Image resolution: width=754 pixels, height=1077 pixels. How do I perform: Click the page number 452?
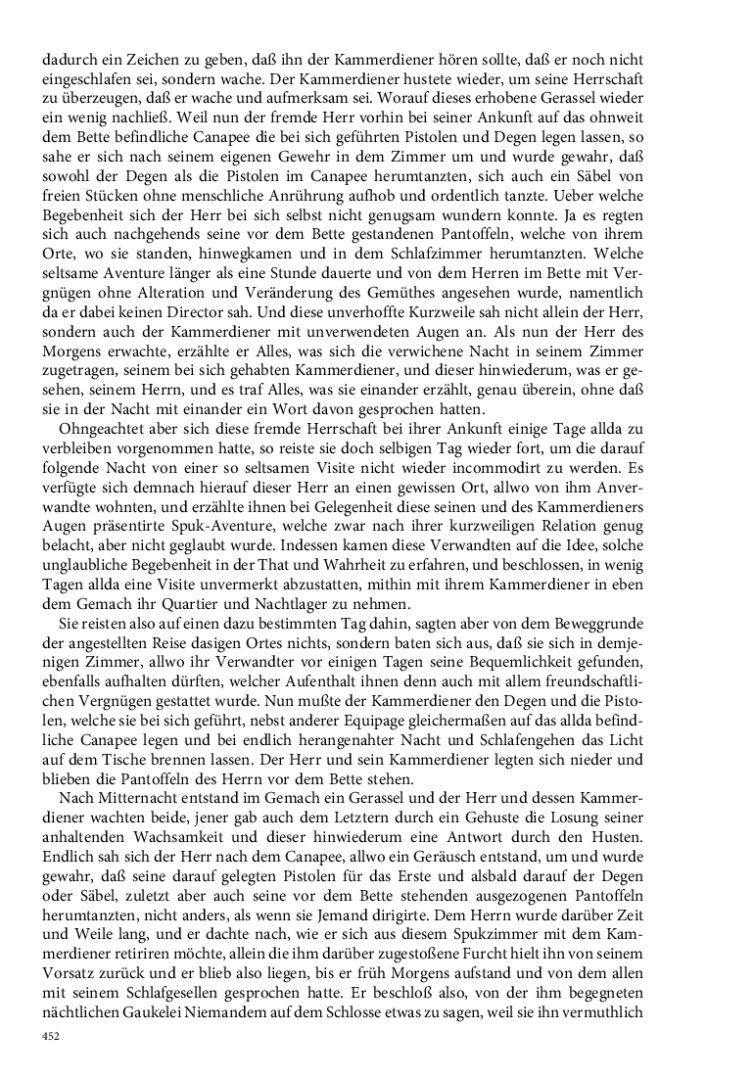[51, 1036]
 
